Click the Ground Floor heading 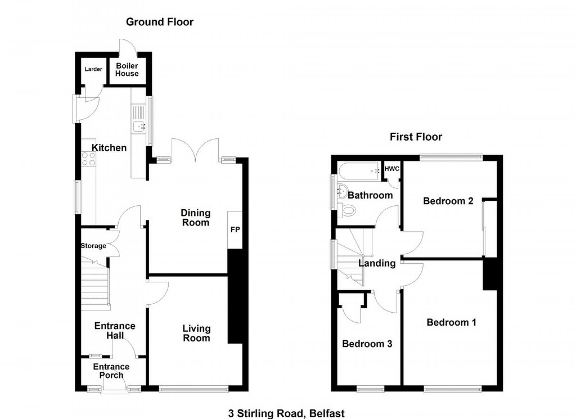pos(159,22)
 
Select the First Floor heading pos(416,137)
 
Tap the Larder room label pos(93,69)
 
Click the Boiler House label pos(127,70)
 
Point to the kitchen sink pos(139,126)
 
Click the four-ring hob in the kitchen pos(89,159)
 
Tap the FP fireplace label pos(235,230)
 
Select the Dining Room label pos(195,218)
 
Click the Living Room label pos(197,333)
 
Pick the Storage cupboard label pos(93,246)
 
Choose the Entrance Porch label pos(111,371)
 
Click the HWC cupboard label pos(392,169)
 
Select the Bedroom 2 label pos(448,201)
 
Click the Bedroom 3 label pos(367,344)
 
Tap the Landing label pos(377,263)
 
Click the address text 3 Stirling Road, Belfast pos(287,414)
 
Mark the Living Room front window pos(194,389)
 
